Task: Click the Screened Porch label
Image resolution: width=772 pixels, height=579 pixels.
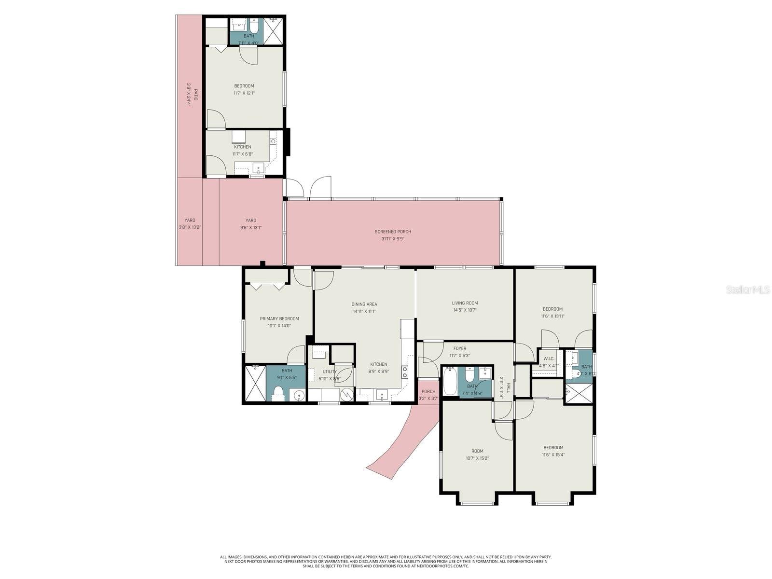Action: click(x=393, y=232)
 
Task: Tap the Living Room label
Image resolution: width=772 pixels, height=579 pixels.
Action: click(x=465, y=303)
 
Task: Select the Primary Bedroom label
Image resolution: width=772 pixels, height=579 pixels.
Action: click(x=279, y=318)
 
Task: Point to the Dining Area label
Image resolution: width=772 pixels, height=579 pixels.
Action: click(x=364, y=304)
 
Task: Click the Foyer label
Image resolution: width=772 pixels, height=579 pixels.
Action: click(x=459, y=348)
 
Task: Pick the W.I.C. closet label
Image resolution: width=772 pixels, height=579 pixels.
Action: click(x=549, y=358)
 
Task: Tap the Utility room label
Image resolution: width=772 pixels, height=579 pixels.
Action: click(x=330, y=372)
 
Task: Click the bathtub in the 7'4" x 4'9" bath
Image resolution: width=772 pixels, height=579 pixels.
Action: click(x=450, y=381)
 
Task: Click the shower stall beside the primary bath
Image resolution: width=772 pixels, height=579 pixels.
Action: click(x=255, y=383)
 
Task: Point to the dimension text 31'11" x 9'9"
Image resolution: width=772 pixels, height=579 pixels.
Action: click(x=393, y=238)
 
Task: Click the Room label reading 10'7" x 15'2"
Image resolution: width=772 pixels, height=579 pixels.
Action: click(x=477, y=451)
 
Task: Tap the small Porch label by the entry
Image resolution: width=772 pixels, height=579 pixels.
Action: click(x=428, y=391)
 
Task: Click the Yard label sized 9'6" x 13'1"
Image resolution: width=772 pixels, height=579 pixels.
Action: click(x=250, y=221)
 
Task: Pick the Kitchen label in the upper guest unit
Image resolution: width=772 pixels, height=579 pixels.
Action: click(x=242, y=147)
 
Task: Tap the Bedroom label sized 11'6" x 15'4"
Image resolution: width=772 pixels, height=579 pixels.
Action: click(x=553, y=447)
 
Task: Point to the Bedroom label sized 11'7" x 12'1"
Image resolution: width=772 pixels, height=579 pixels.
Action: click(x=244, y=86)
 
